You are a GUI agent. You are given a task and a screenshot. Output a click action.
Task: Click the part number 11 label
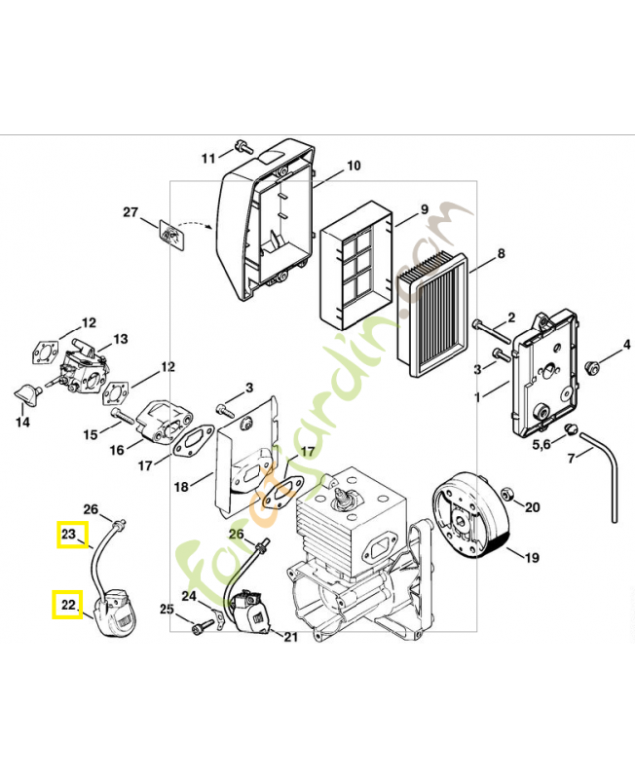[x=208, y=159]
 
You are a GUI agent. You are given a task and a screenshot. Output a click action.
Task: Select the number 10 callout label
[x=354, y=167]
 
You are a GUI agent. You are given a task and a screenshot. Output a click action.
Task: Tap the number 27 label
[x=131, y=212]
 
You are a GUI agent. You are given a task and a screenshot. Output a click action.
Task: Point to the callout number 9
[x=425, y=209]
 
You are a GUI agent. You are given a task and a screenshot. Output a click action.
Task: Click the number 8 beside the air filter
[x=501, y=254]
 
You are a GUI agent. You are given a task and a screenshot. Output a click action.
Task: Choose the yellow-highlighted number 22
[x=67, y=605]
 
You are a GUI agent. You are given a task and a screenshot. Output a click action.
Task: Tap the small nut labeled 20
[x=505, y=506]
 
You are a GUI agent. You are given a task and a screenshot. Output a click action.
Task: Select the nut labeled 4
[x=590, y=365]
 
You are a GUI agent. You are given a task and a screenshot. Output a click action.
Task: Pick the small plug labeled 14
[x=27, y=395]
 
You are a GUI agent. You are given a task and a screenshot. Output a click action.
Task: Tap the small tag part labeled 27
[x=172, y=235]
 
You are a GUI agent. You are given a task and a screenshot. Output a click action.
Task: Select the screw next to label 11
[x=240, y=150]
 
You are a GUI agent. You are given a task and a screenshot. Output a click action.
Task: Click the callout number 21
[x=290, y=637]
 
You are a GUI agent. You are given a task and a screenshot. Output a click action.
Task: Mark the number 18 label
[x=180, y=486]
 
